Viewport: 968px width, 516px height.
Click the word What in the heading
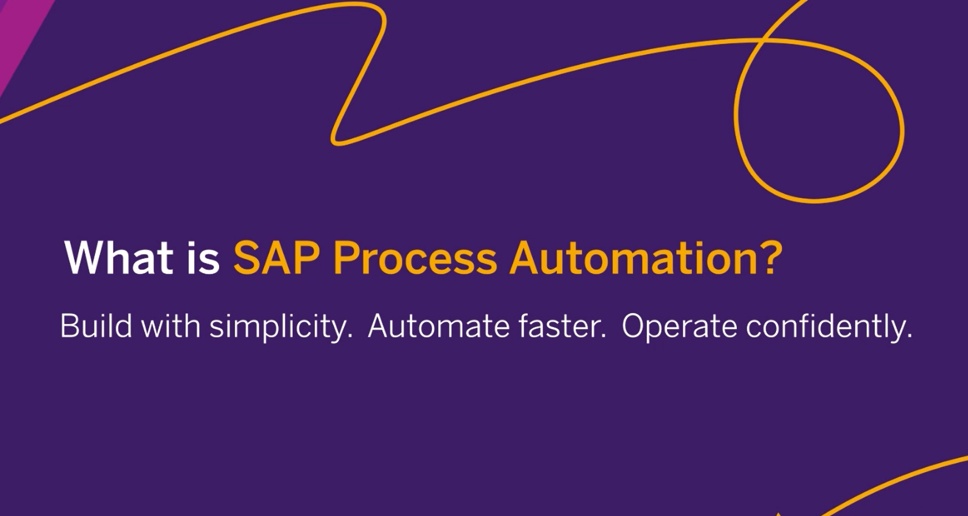coord(119,258)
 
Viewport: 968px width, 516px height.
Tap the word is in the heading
coord(203,258)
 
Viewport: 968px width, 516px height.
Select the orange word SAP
coord(277,258)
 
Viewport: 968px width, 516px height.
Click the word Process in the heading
coord(415,258)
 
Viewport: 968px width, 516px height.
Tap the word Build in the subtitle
coord(96,326)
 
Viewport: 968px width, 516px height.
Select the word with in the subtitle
coord(171,326)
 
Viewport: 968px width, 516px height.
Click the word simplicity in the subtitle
coord(281,327)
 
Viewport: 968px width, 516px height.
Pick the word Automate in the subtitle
coord(439,326)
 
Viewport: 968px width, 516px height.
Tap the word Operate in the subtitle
coord(679,327)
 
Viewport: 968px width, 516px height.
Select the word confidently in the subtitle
coord(826,327)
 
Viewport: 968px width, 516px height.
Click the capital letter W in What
coord(86,258)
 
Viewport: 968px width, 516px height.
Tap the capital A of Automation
coord(526,258)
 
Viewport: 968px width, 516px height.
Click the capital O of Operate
coord(635,326)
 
